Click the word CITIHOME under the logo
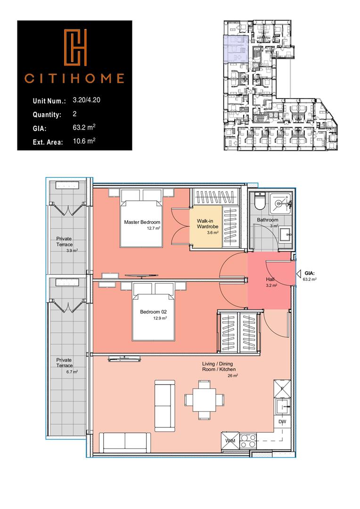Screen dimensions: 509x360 (x=74, y=78)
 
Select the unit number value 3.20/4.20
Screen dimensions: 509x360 (x=88, y=100)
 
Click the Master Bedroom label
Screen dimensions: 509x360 (x=142, y=222)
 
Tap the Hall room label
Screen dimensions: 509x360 (x=270, y=279)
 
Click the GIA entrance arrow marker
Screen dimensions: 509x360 (x=299, y=273)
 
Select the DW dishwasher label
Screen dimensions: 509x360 (x=282, y=422)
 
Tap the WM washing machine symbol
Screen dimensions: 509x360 (x=230, y=440)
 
